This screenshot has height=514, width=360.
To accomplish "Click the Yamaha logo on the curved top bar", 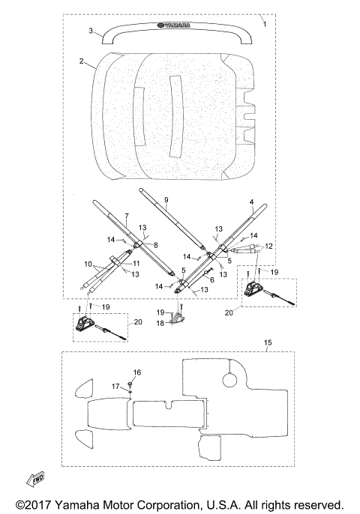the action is [x=174, y=25].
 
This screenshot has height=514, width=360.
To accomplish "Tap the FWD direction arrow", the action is [x=35, y=480].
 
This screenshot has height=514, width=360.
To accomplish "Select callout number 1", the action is [x=265, y=24].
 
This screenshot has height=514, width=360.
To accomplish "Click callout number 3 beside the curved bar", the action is [x=91, y=31].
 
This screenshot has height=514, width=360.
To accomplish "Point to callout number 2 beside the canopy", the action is [x=82, y=61].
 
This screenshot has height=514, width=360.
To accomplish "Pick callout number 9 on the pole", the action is [x=166, y=200].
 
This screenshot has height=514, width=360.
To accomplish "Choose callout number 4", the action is [x=252, y=202].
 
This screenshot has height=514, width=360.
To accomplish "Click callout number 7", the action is [x=127, y=216].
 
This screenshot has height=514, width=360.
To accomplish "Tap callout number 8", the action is [x=155, y=245].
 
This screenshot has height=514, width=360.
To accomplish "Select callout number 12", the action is [x=268, y=246].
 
